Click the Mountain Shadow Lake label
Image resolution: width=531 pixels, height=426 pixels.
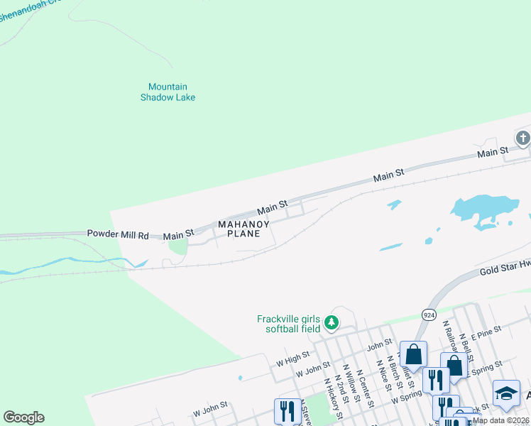(x=168, y=92)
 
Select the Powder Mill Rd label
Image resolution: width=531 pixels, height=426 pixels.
(x=118, y=234)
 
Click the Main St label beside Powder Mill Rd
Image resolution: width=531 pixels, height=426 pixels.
(x=178, y=235)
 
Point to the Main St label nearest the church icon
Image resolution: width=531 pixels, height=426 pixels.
(x=493, y=152)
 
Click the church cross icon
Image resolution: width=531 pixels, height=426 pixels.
(x=523, y=138)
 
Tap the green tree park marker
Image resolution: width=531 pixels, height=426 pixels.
(x=331, y=324)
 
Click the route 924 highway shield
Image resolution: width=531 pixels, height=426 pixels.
(x=428, y=313)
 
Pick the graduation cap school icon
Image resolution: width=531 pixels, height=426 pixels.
(x=506, y=394)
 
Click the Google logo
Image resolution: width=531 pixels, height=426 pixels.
(x=23, y=417)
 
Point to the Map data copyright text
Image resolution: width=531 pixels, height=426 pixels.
(x=501, y=420)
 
